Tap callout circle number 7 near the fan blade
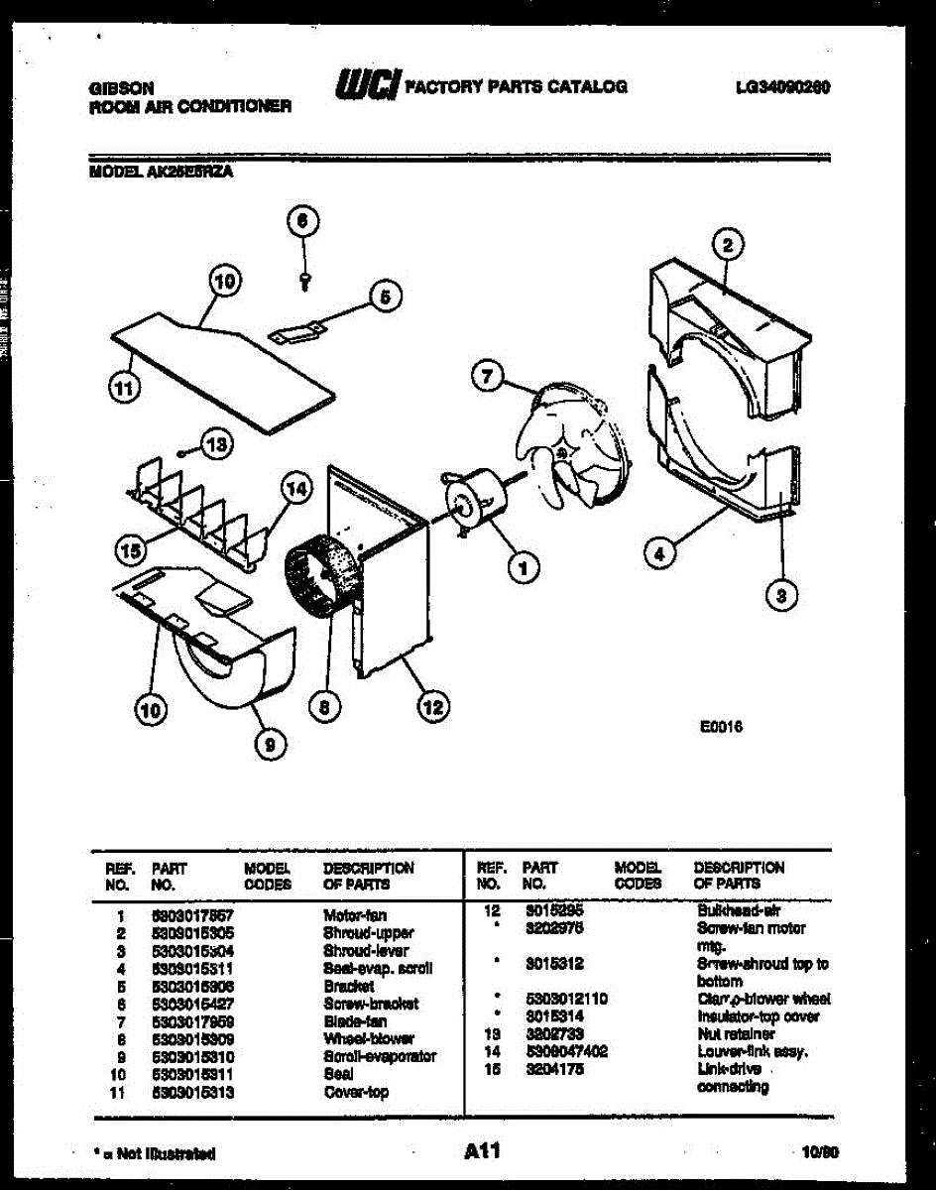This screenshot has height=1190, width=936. point(486,376)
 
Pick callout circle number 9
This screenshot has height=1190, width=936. point(269,743)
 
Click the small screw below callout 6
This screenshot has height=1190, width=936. point(305,281)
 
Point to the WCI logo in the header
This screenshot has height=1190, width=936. point(368,86)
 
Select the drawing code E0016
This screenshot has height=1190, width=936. point(721,725)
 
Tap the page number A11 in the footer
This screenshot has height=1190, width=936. point(482,1151)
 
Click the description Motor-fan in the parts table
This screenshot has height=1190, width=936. point(355,915)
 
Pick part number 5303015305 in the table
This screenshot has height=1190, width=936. point(193,933)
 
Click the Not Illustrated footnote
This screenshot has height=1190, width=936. point(154,1153)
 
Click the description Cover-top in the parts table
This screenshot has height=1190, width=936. point(356,1092)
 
